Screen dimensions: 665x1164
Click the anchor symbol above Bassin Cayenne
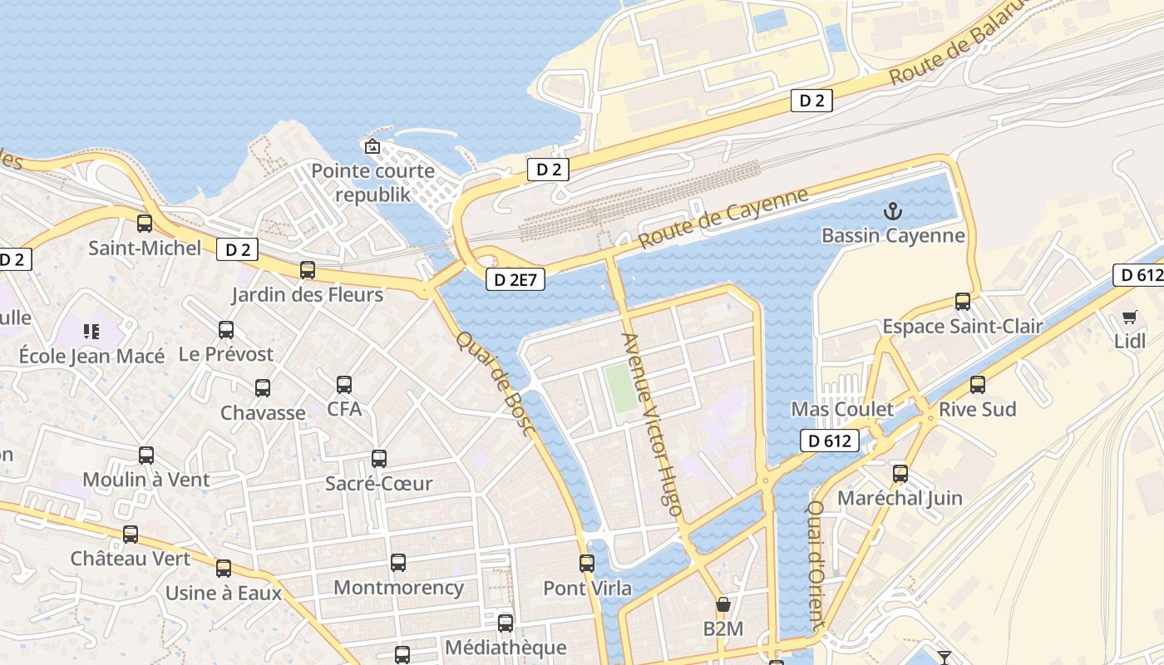tap(892, 210)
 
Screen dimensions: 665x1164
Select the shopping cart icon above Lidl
tap(1129, 317)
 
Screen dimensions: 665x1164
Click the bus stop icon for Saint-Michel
tap(145, 224)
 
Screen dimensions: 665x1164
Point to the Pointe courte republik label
tap(372, 182)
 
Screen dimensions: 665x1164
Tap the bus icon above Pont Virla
tap(587, 564)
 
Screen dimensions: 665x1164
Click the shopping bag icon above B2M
tap(723, 604)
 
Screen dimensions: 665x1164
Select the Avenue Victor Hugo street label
tap(653, 424)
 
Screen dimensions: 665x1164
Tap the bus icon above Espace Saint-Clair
tap(963, 302)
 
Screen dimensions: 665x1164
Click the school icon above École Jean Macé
tap(91, 332)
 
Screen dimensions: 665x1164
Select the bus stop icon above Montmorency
tap(398, 563)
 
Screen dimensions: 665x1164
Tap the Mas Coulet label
tap(842, 409)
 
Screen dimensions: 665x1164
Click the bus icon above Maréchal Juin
tap(900, 474)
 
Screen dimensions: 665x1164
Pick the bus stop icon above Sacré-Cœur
tap(379, 459)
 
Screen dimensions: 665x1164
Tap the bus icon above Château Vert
tap(131, 534)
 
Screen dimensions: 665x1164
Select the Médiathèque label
tap(506, 648)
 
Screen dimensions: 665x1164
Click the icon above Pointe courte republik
tap(372, 147)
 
